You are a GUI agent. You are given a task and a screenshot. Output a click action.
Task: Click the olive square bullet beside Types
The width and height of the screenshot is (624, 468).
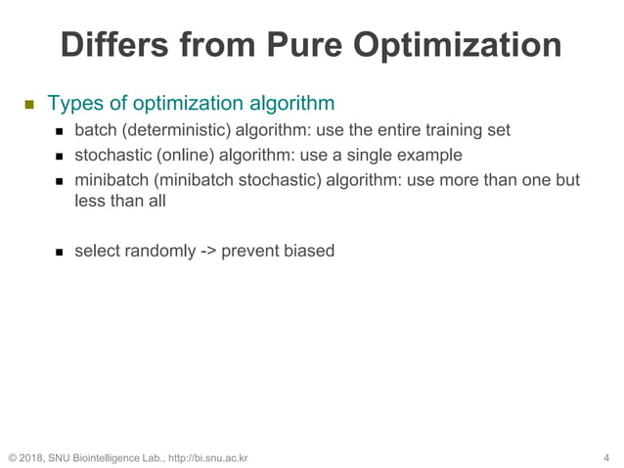coord(28,104)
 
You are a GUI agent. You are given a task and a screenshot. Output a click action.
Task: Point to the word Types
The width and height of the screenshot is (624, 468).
coord(71,103)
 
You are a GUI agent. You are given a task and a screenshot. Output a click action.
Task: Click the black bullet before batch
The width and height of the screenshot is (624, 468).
coord(58,131)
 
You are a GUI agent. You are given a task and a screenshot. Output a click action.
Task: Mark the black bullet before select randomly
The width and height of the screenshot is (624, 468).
coord(58,252)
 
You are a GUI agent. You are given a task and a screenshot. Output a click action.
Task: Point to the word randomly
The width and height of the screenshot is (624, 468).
coord(160,251)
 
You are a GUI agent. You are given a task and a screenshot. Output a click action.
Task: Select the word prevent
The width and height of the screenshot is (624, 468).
coord(248,251)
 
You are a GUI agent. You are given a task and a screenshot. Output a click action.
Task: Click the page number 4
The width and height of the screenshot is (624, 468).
coord(607,457)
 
